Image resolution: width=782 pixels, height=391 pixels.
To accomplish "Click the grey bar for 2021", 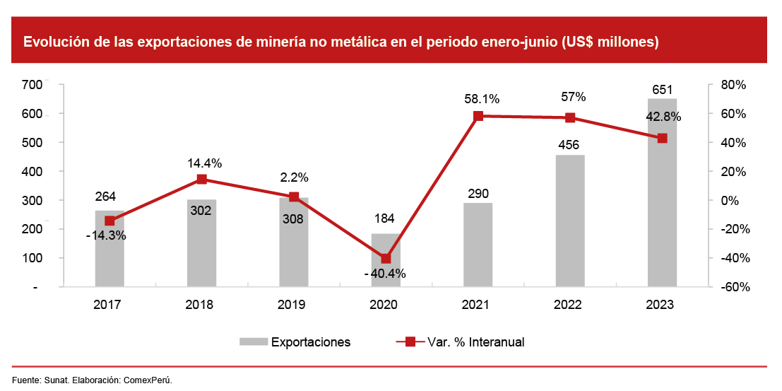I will click(x=478, y=245).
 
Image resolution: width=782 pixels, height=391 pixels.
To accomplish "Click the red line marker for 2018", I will click(x=202, y=180).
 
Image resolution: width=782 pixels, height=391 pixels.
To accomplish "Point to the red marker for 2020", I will click(x=386, y=259).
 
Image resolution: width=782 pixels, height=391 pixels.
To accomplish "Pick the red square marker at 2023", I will click(x=662, y=139).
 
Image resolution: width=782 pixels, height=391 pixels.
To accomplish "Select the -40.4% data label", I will click(x=386, y=274).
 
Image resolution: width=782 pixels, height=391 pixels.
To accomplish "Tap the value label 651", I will click(x=662, y=90).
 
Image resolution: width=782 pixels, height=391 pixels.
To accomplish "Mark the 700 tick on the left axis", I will click(x=32, y=85).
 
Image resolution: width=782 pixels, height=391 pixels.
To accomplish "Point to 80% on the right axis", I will click(x=733, y=85).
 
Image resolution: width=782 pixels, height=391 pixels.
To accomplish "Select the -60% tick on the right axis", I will click(x=731, y=287).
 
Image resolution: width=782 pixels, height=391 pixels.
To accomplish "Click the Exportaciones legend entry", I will click(x=311, y=342).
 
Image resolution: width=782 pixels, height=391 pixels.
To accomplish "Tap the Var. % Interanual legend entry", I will click(x=475, y=342).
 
